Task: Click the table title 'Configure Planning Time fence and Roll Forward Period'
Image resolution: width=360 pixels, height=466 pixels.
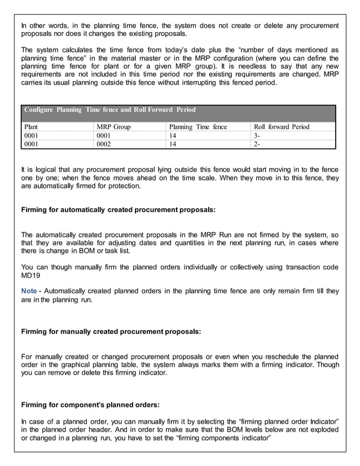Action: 109,109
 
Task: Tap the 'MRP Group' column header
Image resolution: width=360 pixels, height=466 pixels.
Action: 113,127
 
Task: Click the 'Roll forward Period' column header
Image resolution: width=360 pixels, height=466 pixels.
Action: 282,127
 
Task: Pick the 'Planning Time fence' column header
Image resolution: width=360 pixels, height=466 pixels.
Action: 198,127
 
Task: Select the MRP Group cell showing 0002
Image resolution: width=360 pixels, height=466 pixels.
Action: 104,144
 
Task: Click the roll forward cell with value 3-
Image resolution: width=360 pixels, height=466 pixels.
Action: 257,136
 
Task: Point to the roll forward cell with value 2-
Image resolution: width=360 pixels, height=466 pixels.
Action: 257,144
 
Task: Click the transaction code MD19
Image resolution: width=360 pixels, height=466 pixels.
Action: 29,276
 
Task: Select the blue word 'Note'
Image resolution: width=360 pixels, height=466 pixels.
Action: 29,291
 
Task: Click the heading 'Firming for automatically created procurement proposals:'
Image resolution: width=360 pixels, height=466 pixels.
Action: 118,210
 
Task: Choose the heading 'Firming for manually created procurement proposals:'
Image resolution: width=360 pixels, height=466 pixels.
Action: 111,332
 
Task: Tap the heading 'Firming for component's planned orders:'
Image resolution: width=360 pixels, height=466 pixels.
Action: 90,405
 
